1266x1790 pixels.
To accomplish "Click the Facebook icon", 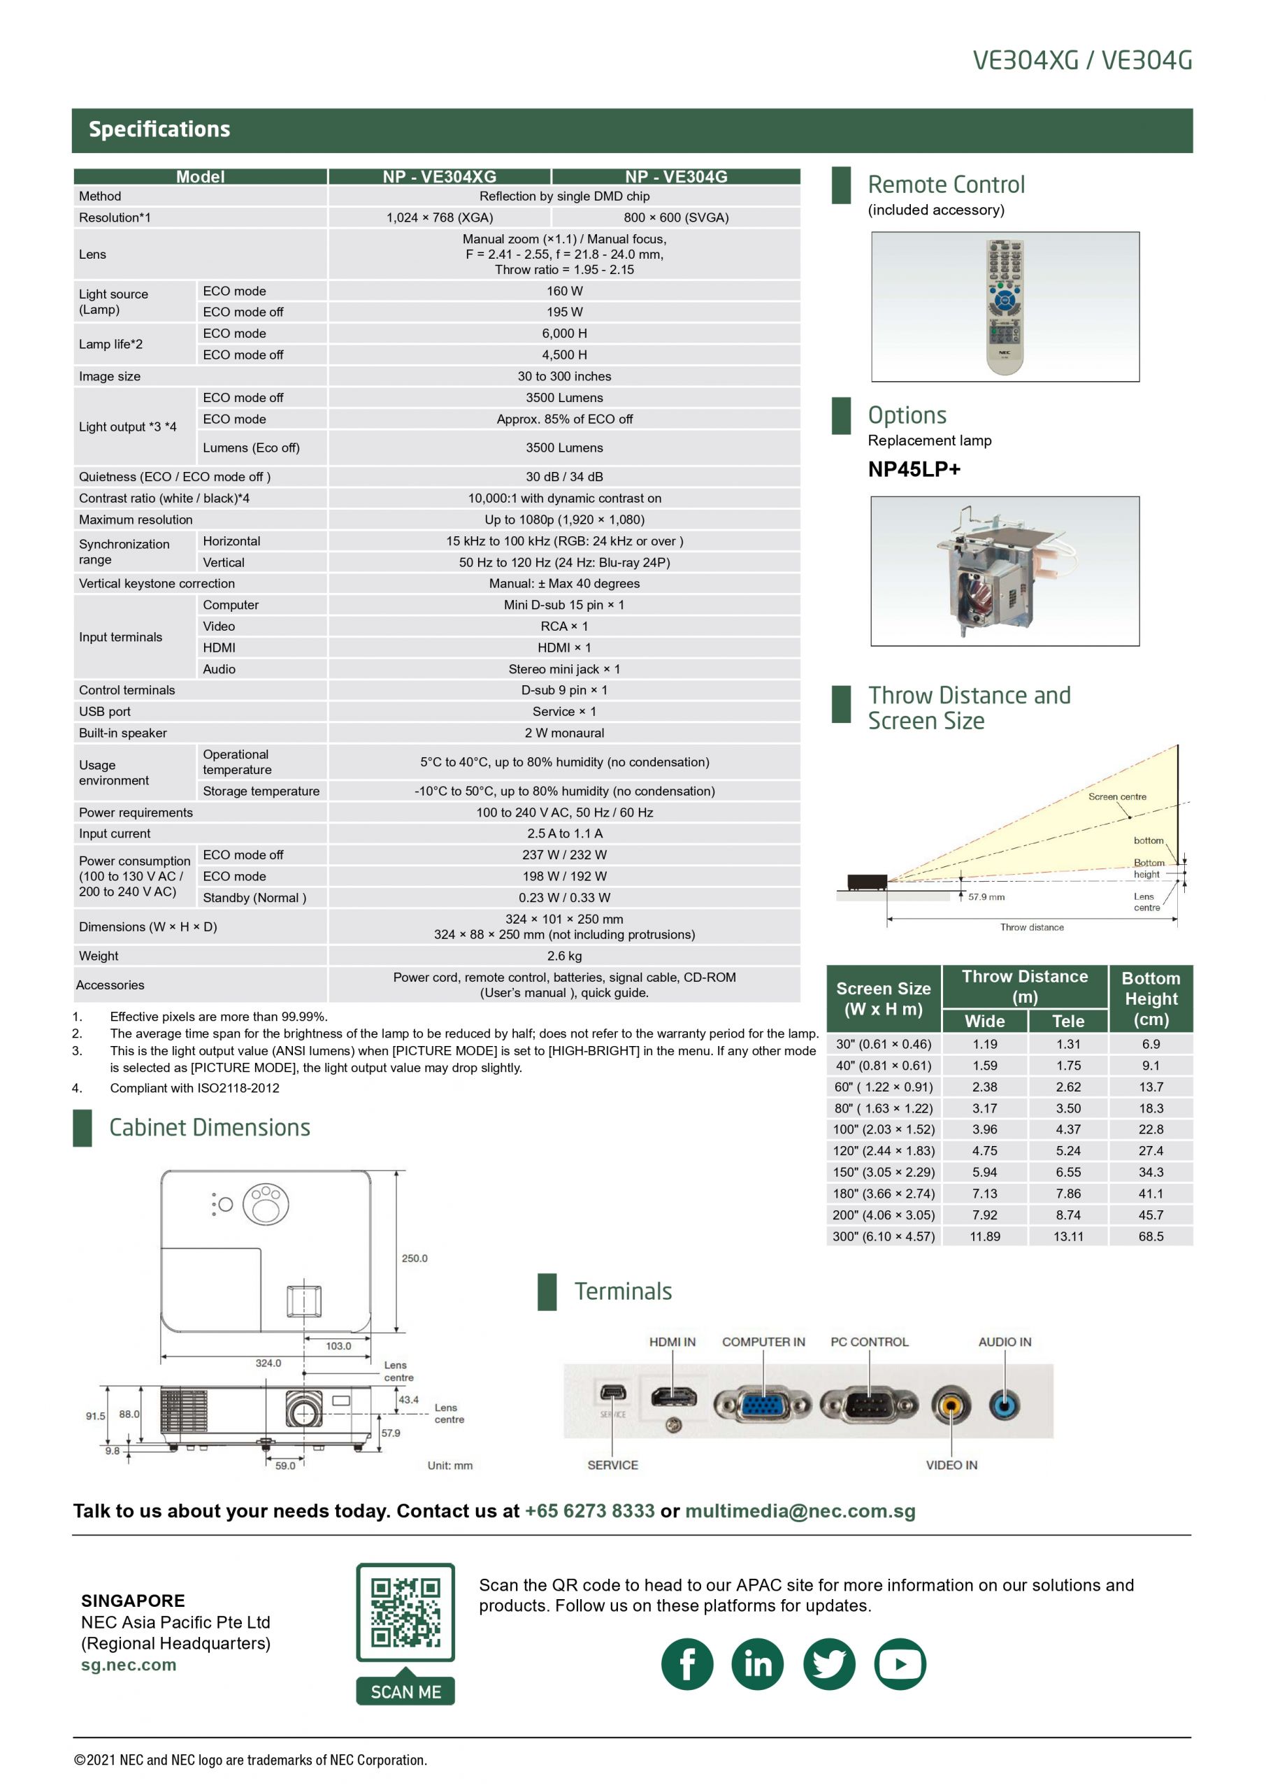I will pyautogui.click(x=686, y=1664).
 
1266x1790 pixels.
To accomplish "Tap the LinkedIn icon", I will pyautogui.click(x=758, y=1664).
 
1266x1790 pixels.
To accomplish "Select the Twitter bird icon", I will pyautogui.click(x=828, y=1664).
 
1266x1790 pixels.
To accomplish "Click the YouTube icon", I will pyautogui.click(x=900, y=1664).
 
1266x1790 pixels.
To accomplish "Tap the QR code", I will pyautogui.click(x=405, y=1612).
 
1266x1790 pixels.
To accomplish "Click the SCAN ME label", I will pyautogui.click(x=405, y=1692).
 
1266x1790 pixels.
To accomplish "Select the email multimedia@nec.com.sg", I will pyautogui.click(x=800, y=1511).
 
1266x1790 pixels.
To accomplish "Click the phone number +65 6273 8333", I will pyautogui.click(x=589, y=1511).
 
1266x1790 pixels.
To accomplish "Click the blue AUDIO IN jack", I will pyautogui.click(x=1004, y=1405).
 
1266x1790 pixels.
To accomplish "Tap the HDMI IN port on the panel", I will pyautogui.click(x=672, y=1397).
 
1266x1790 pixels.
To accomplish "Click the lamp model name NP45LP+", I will pyautogui.click(x=914, y=469).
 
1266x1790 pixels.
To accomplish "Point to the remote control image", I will pyautogui.click(x=1005, y=306).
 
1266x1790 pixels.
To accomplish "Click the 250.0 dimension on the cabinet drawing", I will pyautogui.click(x=414, y=1259).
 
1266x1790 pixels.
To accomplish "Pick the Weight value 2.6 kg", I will pyautogui.click(x=563, y=956).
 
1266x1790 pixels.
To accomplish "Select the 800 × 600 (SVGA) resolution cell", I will pyautogui.click(x=676, y=217).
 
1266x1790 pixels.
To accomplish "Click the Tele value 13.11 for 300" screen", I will pyautogui.click(x=1068, y=1236).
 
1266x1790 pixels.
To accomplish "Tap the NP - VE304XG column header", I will pyautogui.click(x=439, y=177).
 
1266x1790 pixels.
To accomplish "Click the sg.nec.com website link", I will pyautogui.click(x=129, y=1666).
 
